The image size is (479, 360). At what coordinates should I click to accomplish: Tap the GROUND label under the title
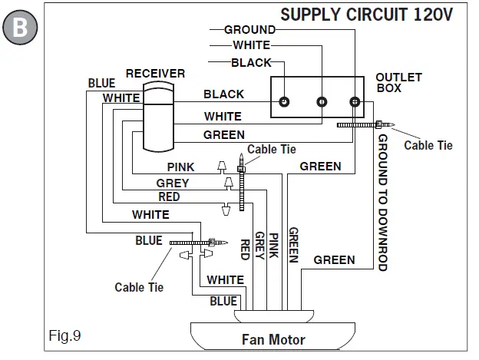249,30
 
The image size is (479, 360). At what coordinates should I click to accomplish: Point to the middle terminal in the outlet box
322,101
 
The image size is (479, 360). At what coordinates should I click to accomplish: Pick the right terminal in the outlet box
354,101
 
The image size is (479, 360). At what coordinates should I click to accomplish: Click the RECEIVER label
156,74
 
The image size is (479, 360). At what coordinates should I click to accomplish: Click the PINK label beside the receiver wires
181,167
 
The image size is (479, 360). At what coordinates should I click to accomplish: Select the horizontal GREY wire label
173,183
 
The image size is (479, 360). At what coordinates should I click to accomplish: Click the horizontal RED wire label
169,197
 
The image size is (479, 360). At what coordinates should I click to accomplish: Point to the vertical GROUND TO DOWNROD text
382,203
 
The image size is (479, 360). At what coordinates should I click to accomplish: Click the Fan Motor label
273,339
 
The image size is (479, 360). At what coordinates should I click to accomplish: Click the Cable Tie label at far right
428,144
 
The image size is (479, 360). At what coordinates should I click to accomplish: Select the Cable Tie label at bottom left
139,287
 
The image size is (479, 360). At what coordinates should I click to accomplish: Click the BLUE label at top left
101,83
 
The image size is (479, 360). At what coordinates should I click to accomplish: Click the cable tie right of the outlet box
365,124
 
